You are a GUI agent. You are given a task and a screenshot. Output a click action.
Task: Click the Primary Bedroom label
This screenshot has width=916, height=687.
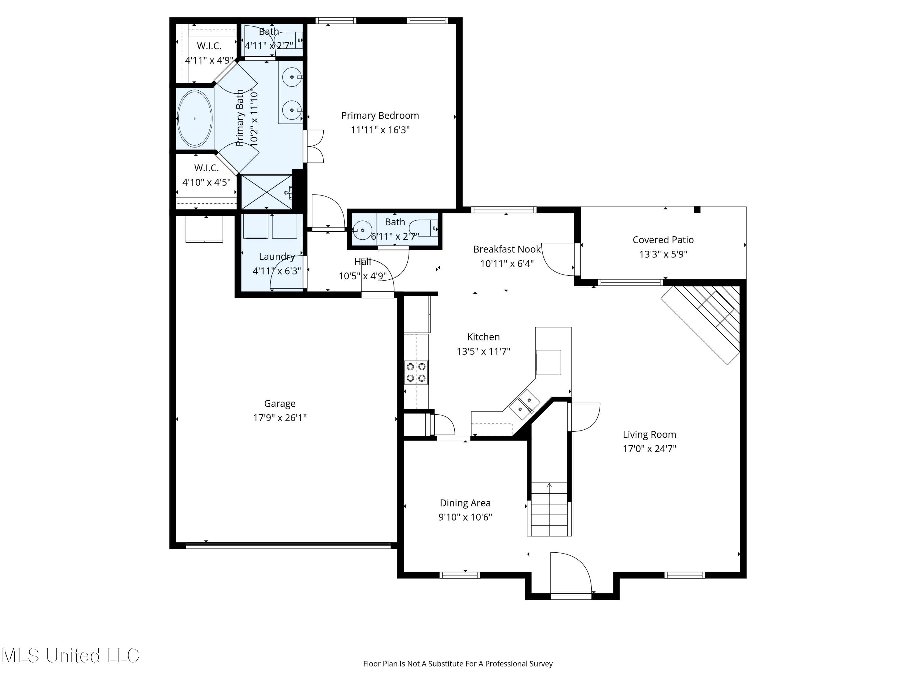(380, 115)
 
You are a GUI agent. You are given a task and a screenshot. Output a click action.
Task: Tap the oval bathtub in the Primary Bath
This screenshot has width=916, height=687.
(194, 118)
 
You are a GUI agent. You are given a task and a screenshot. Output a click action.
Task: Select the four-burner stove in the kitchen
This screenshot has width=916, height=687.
(416, 372)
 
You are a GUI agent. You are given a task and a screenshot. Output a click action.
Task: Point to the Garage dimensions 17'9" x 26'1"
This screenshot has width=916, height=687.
(280, 417)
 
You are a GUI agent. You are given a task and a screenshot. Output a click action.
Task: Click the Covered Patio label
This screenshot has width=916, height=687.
(663, 240)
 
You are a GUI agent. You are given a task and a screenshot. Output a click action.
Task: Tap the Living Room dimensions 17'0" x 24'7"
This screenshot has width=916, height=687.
(649, 449)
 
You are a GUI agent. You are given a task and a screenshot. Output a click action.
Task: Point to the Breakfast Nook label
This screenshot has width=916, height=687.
(507, 249)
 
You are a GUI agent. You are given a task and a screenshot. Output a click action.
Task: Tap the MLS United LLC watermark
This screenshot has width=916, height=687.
(71, 656)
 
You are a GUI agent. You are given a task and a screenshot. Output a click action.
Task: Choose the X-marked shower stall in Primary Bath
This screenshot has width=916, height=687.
(267, 192)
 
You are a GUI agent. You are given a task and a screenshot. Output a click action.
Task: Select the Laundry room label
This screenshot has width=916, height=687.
(277, 257)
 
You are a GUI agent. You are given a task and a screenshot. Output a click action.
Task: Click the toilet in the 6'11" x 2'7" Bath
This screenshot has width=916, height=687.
(423, 228)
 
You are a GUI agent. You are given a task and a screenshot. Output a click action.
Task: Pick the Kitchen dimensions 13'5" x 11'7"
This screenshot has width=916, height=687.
(483, 351)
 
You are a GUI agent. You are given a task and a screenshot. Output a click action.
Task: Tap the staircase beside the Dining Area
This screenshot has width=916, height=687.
(549, 509)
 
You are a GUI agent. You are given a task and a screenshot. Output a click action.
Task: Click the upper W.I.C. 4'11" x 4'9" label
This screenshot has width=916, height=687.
(209, 53)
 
